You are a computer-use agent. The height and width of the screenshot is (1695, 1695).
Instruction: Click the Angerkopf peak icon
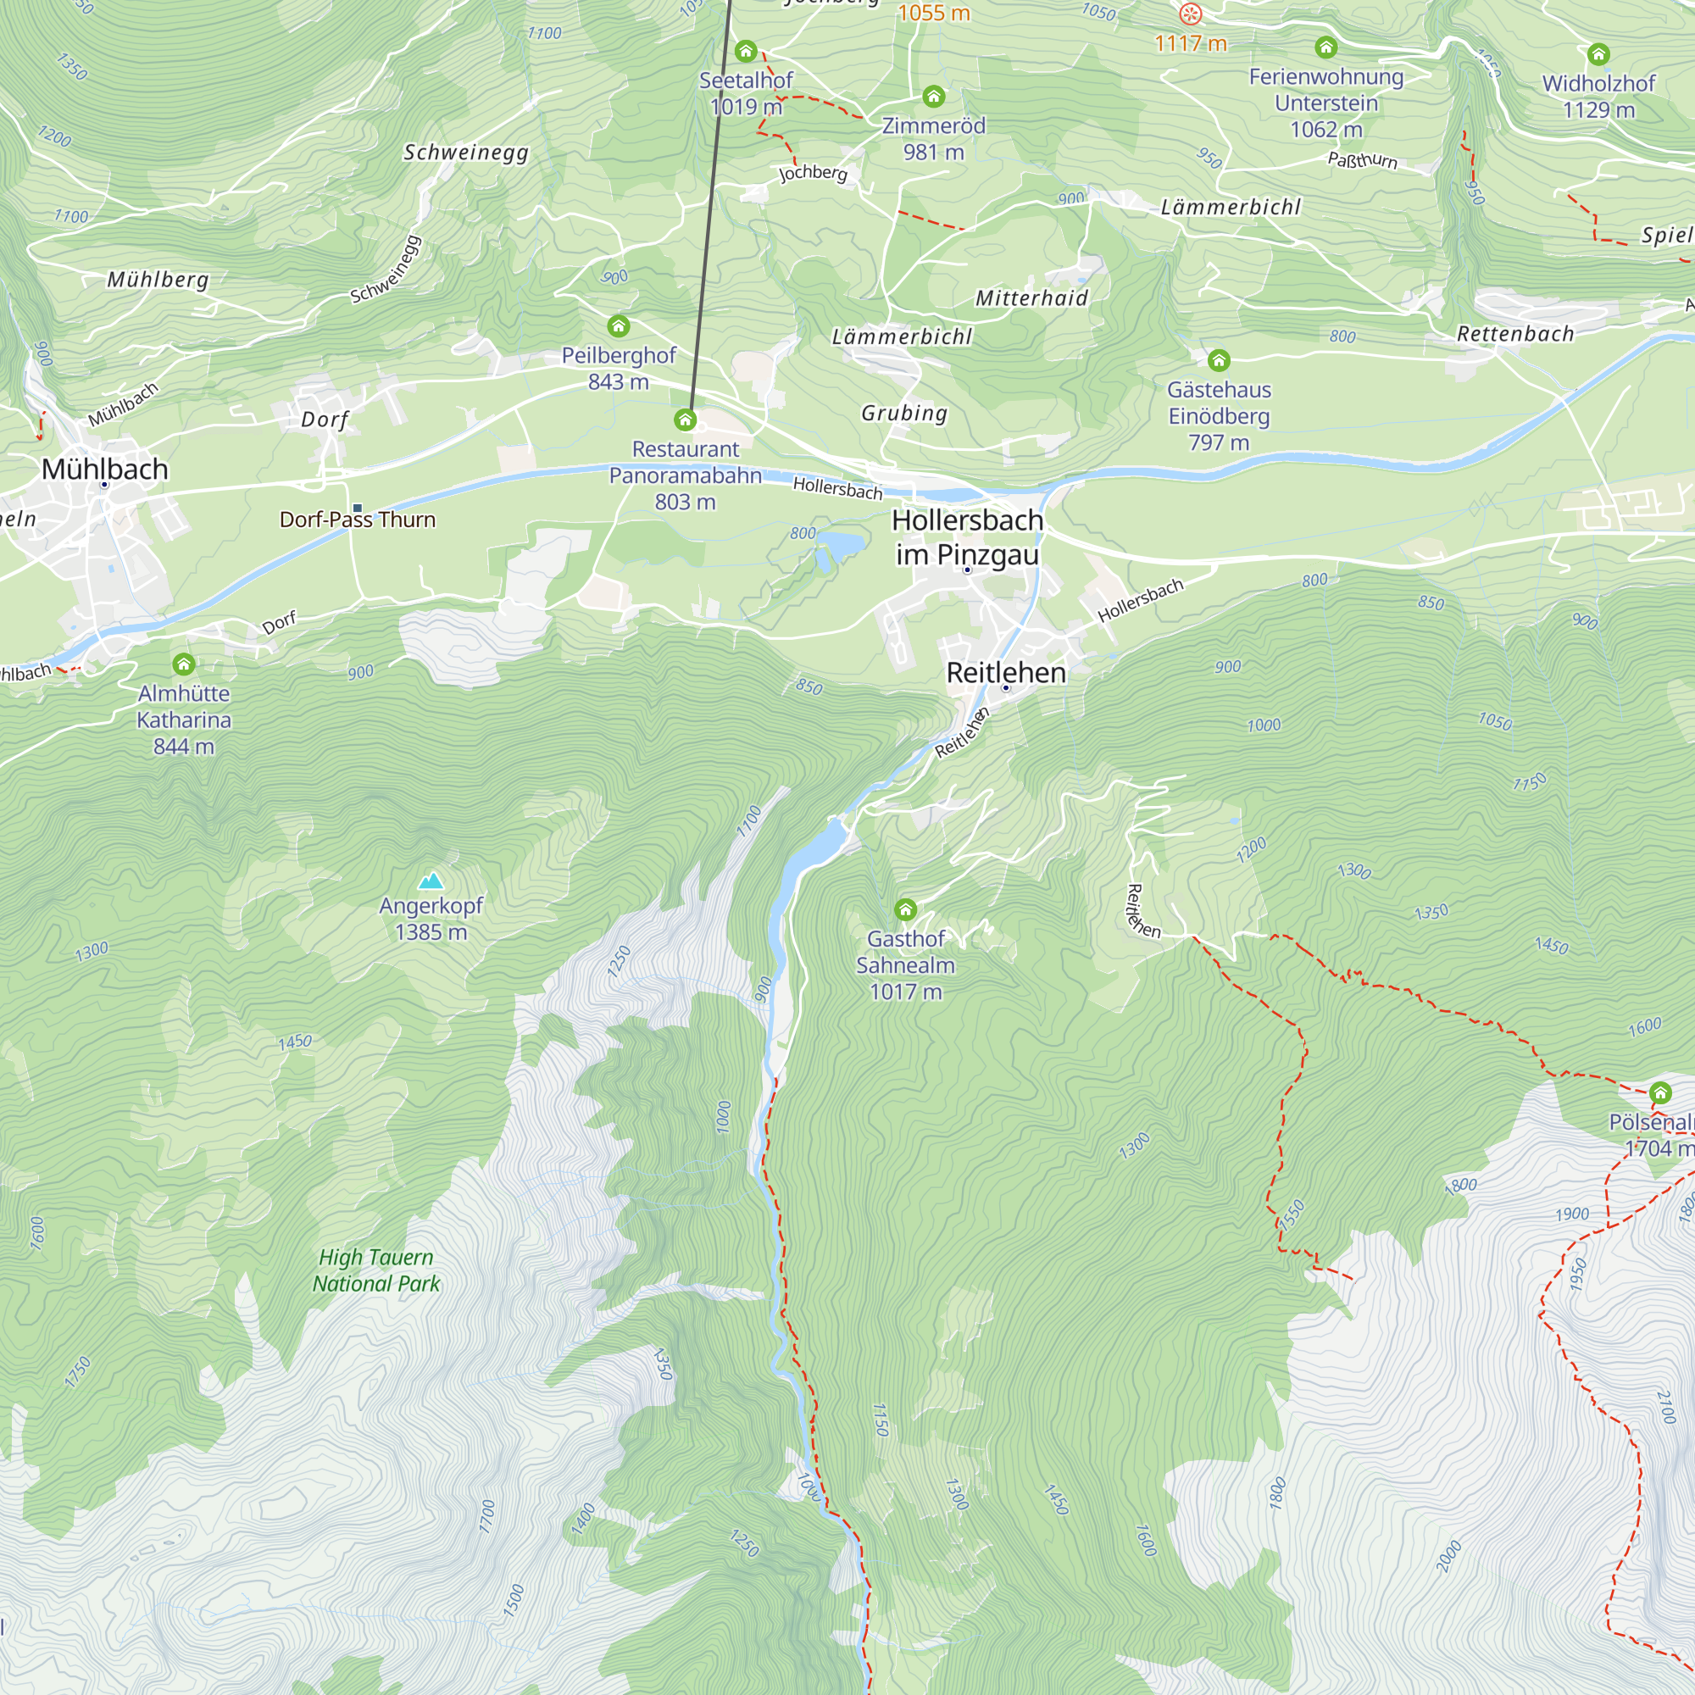coord(430,881)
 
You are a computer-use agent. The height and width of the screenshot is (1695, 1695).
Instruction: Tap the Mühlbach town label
coord(104,470)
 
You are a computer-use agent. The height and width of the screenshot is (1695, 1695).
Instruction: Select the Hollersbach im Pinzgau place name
coord(967,537)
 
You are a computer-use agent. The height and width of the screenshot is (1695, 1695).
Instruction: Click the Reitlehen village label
coord(1005,673)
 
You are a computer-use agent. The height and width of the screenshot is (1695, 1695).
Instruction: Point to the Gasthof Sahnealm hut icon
coord(905,909)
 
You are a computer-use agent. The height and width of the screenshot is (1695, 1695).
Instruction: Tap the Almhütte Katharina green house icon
coord(183,664)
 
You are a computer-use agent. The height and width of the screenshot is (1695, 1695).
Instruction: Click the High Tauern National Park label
coord(376,1270)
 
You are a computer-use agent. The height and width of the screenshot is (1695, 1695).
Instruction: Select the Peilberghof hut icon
coord(619,326)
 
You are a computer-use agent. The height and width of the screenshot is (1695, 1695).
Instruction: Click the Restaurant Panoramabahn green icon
coord(685,420)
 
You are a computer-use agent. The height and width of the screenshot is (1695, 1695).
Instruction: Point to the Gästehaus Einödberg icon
coord(1219,360)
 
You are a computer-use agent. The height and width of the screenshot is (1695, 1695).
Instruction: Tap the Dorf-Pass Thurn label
coord(357,520)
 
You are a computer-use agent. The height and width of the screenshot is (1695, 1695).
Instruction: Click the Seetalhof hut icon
coord(746,51)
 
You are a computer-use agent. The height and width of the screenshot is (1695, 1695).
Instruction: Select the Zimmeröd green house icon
coord(933,97)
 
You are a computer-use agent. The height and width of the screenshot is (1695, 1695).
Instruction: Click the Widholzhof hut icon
coord(1598,54)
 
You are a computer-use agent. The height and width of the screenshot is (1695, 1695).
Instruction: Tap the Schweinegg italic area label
coord(466,153)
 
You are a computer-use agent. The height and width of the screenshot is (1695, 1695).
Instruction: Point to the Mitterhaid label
coord(1031,298)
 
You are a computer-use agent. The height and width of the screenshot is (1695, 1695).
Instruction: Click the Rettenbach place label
coord(1515,333)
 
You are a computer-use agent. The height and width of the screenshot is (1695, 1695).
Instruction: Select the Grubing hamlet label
coord(904,414)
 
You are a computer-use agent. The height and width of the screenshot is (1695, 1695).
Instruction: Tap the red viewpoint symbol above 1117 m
coord(1190,14)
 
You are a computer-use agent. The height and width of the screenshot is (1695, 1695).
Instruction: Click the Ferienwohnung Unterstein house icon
coord(1325,47)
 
